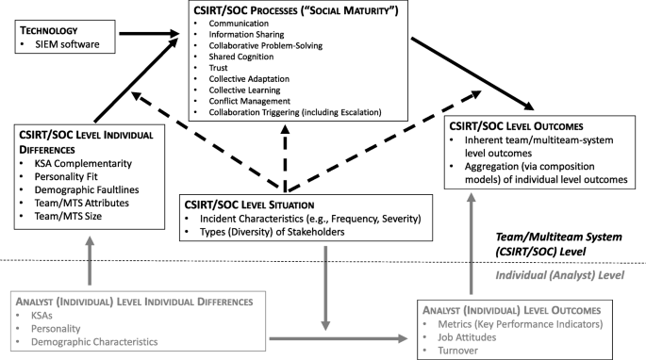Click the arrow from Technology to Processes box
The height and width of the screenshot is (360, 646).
(x=138, y=36)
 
